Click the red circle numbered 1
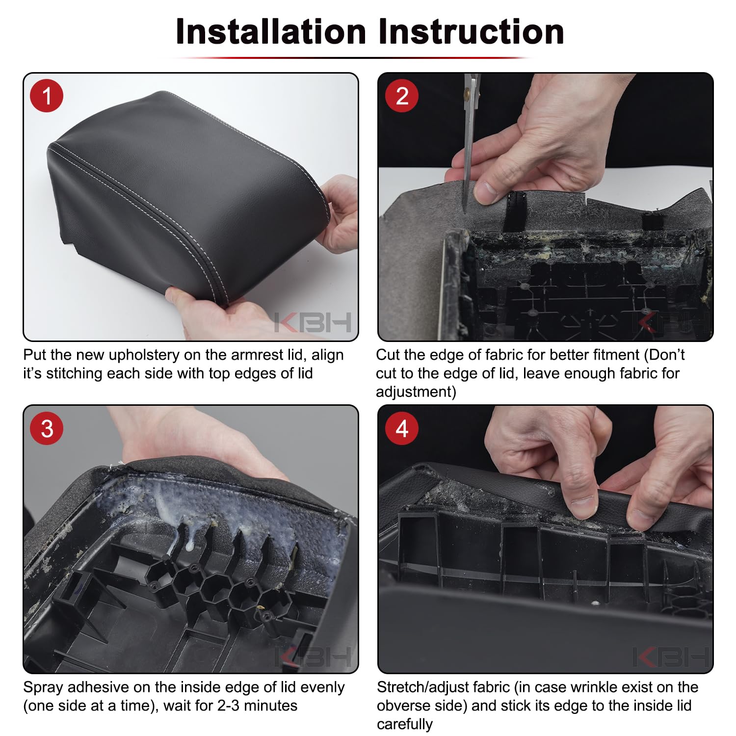47,96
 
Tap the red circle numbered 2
402,96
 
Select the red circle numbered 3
47,428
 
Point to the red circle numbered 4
402,428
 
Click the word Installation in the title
271,32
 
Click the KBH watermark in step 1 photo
313,322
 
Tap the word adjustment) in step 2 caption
416,392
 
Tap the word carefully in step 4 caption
405,725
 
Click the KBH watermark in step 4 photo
670,657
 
